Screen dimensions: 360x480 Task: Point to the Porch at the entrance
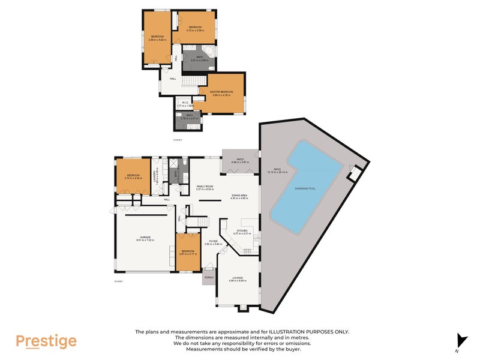click(209, 277)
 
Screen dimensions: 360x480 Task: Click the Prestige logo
click(46, 341)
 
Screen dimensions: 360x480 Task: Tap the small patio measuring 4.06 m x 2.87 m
click(240, 161)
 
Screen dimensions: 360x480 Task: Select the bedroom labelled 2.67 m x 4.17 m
click(188, 252)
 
